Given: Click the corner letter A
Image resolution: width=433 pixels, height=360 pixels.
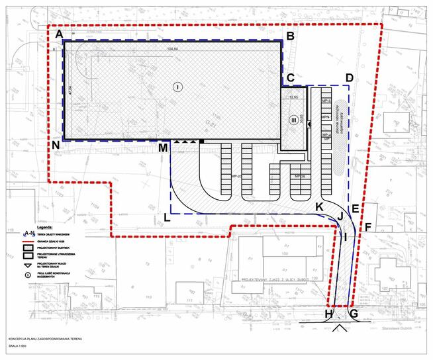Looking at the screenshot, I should click(59, 33).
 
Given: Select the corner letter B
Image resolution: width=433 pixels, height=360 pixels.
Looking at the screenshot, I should click(289, 36).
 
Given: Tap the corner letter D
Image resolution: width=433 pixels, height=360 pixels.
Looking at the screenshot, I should click(349, 77).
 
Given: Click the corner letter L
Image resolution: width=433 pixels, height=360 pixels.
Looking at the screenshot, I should click(167, 216).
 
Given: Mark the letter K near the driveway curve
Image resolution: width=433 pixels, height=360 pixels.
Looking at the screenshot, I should click(319, 207).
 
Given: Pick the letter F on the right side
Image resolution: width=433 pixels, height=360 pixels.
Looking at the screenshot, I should click(369, 227).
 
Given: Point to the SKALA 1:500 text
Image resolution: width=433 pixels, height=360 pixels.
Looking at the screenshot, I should click(19, 345).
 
